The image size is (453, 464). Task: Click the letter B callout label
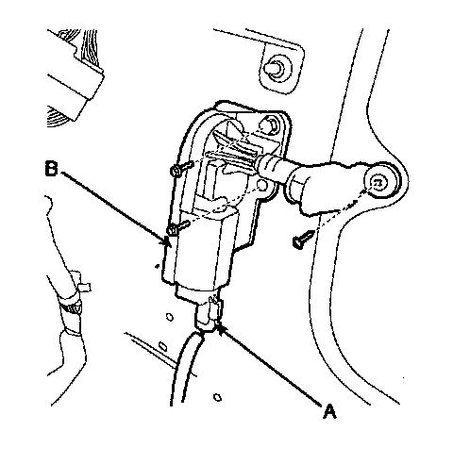click(x=52, y=169)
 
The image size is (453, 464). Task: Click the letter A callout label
click(x=329, y=411)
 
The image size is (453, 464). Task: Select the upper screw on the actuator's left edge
click(x=181, y=168)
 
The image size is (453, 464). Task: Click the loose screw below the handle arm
click(x=304, y=239)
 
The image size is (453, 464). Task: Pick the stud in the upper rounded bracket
click(x=275, y=69)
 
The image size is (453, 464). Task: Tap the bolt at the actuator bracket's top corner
click(x=270, y=124)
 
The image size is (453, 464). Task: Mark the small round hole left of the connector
click(x=170, y=317)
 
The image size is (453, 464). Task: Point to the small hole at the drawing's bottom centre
click(x=217, y=397)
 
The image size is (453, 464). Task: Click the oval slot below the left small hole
click(x=163, y=346)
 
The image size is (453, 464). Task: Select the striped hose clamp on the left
click(x=71, y=307)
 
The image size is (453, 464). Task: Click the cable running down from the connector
click(x=186, y=366)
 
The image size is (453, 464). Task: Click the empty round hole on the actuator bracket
click(x=262, y=186)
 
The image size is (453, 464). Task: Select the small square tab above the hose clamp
click(x=84, y=287)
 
